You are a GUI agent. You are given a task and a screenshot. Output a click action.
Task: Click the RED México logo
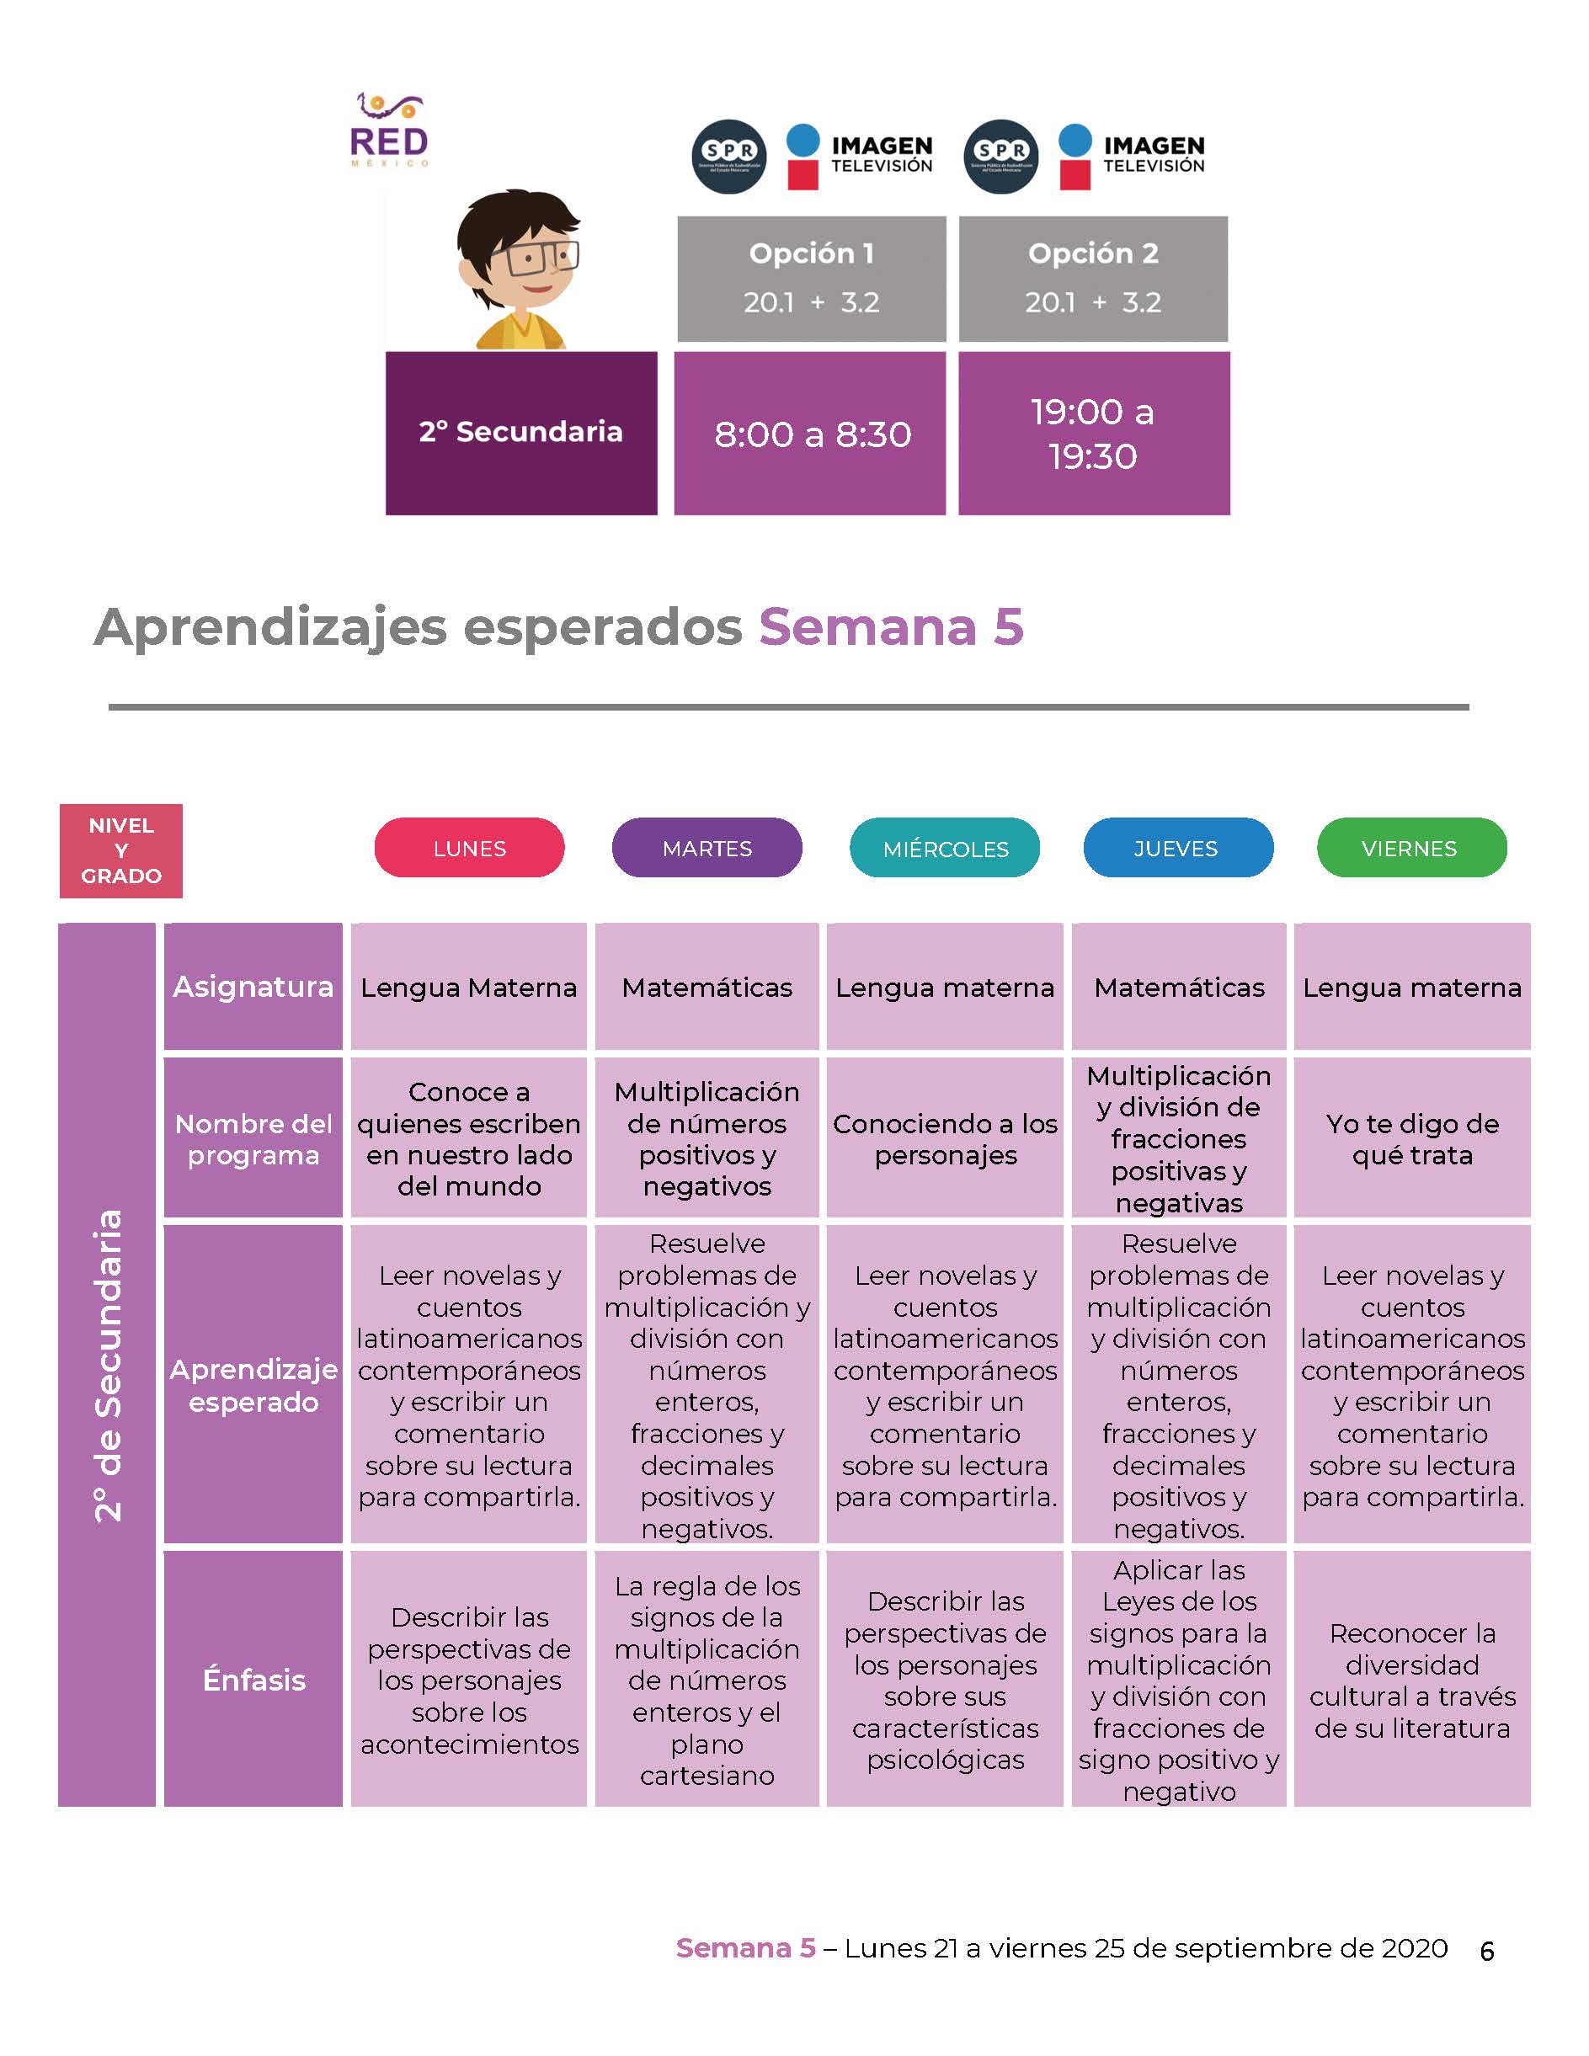coord(389,130)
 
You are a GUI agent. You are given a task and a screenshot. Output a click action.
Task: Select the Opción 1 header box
coord(812,279)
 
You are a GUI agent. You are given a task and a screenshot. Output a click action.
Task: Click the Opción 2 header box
coord(1093,279)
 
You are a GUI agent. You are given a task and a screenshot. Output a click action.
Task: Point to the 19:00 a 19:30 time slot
coord(1094,433)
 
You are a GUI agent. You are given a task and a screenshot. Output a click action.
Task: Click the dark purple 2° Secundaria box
coord(521,433)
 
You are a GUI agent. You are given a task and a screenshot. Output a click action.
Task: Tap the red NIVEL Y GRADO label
coord(120,850)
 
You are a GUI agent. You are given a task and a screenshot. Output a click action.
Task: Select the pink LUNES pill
coord(470,847)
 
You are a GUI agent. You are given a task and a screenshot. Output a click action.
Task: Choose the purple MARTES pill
coord(707,847)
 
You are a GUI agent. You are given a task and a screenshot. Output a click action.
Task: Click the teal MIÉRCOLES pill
coord(945,847)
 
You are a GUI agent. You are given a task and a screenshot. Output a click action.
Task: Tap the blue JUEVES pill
coord(1179,847)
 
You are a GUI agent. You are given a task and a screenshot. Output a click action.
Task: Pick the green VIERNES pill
coord(1412,847)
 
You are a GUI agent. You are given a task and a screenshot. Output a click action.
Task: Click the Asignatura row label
coord(253,987)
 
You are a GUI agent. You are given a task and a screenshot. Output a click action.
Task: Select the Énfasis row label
coord(253,1680)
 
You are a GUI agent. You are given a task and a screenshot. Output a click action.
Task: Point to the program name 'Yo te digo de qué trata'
coord(1412,1139)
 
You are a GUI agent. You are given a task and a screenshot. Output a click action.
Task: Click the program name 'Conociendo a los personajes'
coord(945,1139)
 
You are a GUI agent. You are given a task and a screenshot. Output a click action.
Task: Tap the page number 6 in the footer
coord(1487,1952)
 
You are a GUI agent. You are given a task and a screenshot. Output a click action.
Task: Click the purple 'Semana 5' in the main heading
coord(892,626)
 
